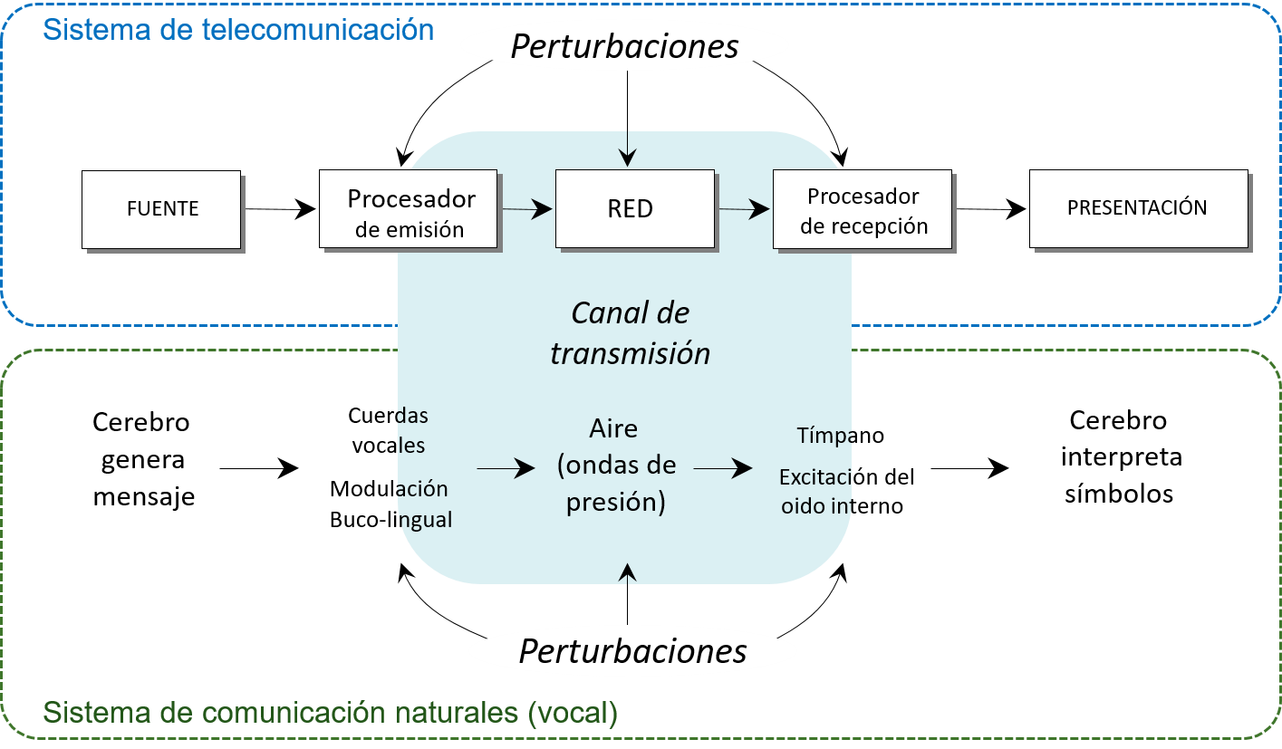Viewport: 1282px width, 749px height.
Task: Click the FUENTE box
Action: coord(161,209)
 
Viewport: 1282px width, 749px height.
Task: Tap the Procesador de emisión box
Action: coord(409,209)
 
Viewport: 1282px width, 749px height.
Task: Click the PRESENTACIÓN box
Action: coord(1139,208)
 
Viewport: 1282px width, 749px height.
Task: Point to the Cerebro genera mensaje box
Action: coord(140,468)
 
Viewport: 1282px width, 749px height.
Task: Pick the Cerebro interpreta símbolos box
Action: coord(1117,466)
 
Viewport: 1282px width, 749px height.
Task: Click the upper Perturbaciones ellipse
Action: coord(625,46)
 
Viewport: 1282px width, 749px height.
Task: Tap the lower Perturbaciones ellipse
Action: coord(632,651)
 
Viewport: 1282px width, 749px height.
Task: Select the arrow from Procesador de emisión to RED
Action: coord(526,209)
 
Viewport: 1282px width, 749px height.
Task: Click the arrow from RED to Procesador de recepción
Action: coord(745,209)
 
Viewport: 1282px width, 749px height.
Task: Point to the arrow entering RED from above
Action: coord(628,149)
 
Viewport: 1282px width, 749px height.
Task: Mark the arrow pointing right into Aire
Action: coord(506,468)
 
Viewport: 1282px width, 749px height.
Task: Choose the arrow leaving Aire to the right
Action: coord(723,468)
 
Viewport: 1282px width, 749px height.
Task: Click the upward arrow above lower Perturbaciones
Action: coord(628,573)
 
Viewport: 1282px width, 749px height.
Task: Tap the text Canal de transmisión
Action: coord(631,332)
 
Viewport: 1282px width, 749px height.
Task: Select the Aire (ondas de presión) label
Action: coord(616,466)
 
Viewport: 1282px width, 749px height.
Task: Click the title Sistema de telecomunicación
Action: coord(238,30)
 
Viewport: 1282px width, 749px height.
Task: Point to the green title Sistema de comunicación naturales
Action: coord(330,713)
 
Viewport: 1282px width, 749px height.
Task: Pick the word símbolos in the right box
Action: coord(1119,494)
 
